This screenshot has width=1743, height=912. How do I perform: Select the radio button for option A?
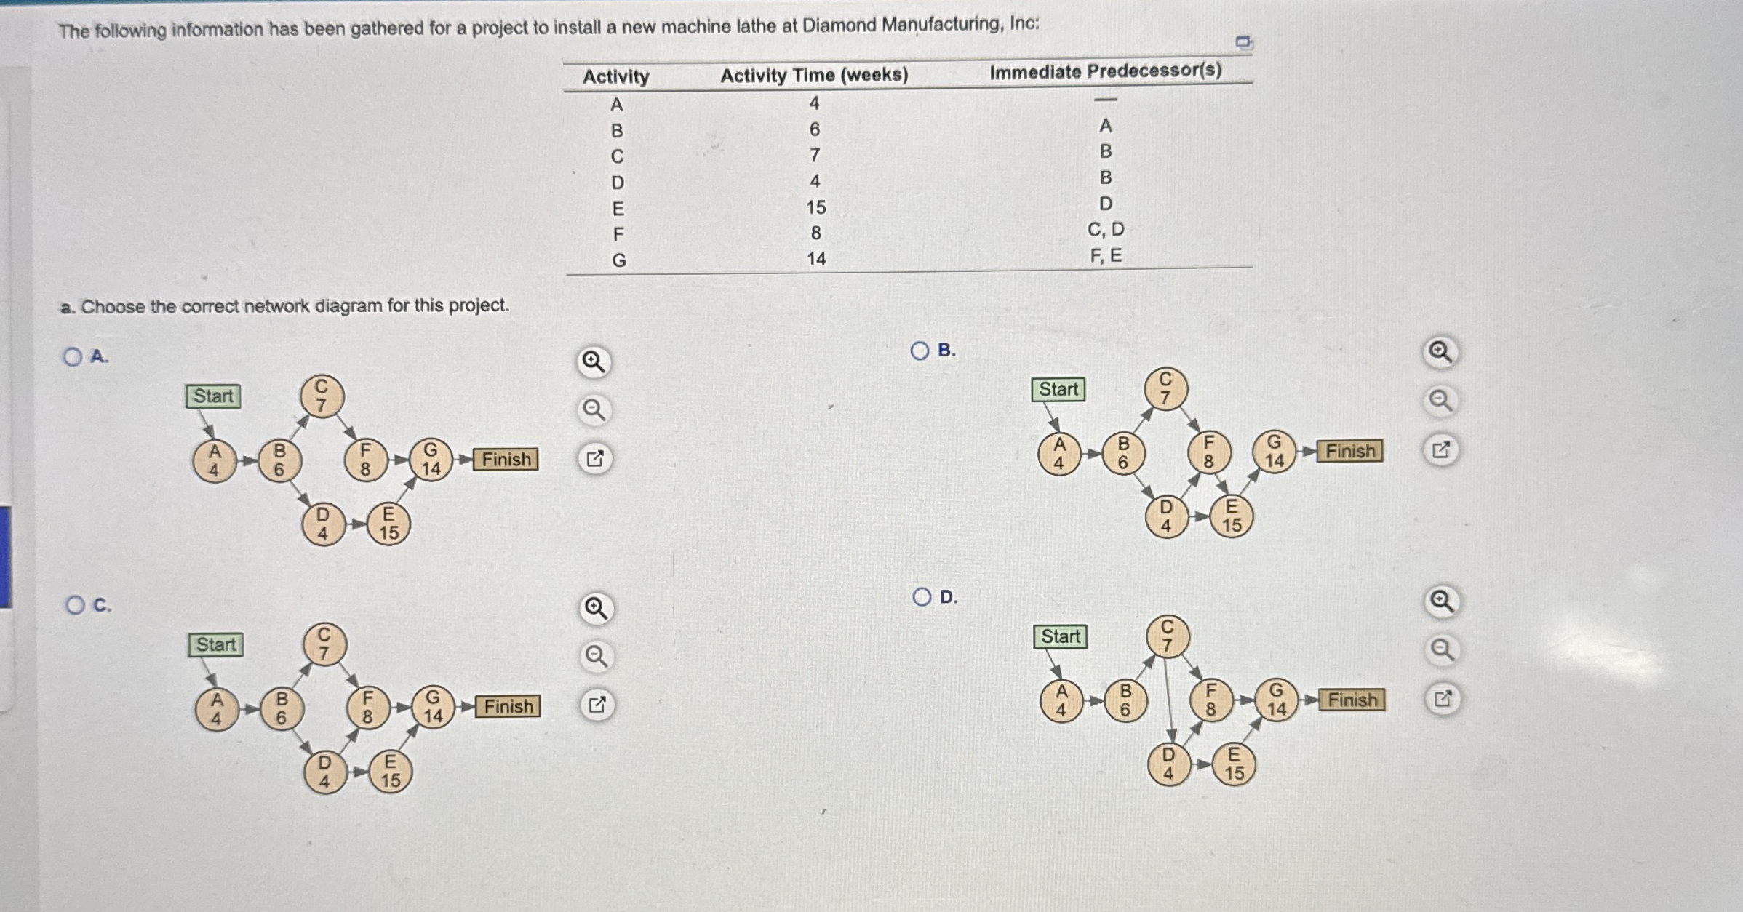73,356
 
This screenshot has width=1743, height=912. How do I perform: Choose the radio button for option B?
920,351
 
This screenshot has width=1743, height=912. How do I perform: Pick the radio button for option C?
75,605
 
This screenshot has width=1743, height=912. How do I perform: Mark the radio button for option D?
922,597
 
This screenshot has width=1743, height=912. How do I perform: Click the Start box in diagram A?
212,396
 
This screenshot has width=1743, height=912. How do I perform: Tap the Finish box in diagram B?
1350,452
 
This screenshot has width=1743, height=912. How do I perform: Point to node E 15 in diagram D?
1234,764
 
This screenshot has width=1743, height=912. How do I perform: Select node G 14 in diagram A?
431,460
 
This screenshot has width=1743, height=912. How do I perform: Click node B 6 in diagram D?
1125,700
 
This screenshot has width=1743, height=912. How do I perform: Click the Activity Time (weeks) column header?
814,75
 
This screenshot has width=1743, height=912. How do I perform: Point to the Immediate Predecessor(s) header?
1105,71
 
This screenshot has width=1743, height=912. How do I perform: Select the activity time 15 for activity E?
815,208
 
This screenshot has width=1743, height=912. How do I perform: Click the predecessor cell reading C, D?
1106,230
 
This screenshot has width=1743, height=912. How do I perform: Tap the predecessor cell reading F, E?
1106,256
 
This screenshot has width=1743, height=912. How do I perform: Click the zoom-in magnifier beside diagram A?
594,361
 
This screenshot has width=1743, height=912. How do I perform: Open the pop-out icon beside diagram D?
1443,700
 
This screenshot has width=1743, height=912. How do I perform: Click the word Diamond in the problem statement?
839,25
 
